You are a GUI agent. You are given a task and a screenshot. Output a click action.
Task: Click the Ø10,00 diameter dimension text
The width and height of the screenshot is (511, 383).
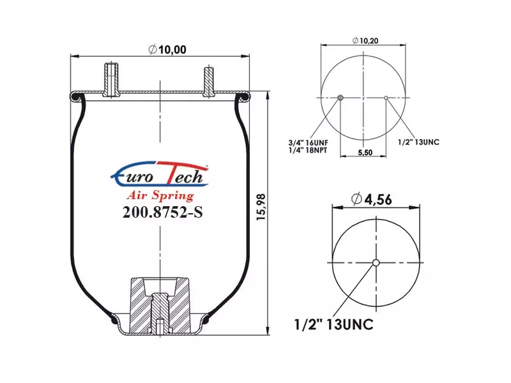pyautogui.click(x=167, y=50)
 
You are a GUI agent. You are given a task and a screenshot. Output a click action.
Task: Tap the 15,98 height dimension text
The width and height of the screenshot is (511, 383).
pyautogui.click(x=261, y=207)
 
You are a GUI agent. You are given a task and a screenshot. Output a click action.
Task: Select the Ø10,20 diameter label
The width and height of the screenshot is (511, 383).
pyautogui.click(x=365, y=41)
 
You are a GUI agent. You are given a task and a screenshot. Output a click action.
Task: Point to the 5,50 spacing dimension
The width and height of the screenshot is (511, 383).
pyautogui.click(x=365, y=153)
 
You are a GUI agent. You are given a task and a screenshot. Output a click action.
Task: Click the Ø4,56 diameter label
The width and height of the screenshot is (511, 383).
pyautogui.click(x=372, y=199)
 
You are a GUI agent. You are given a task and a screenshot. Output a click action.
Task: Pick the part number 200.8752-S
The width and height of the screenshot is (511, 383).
pyautogui.click(x=162, y=213)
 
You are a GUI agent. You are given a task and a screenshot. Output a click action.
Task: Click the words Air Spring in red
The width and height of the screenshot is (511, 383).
pyautogui.click(x=160, y=195)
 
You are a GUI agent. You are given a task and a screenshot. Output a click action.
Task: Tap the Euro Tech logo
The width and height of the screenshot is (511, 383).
pyautogui.click(x=160, y=175)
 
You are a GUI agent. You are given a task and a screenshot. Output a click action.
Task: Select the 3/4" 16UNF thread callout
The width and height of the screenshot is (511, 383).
pyautogui.click(x=309, y=142)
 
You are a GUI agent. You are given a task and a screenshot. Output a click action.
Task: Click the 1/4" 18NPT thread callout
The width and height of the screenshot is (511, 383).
pyautogui.click(x=308, y=150)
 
